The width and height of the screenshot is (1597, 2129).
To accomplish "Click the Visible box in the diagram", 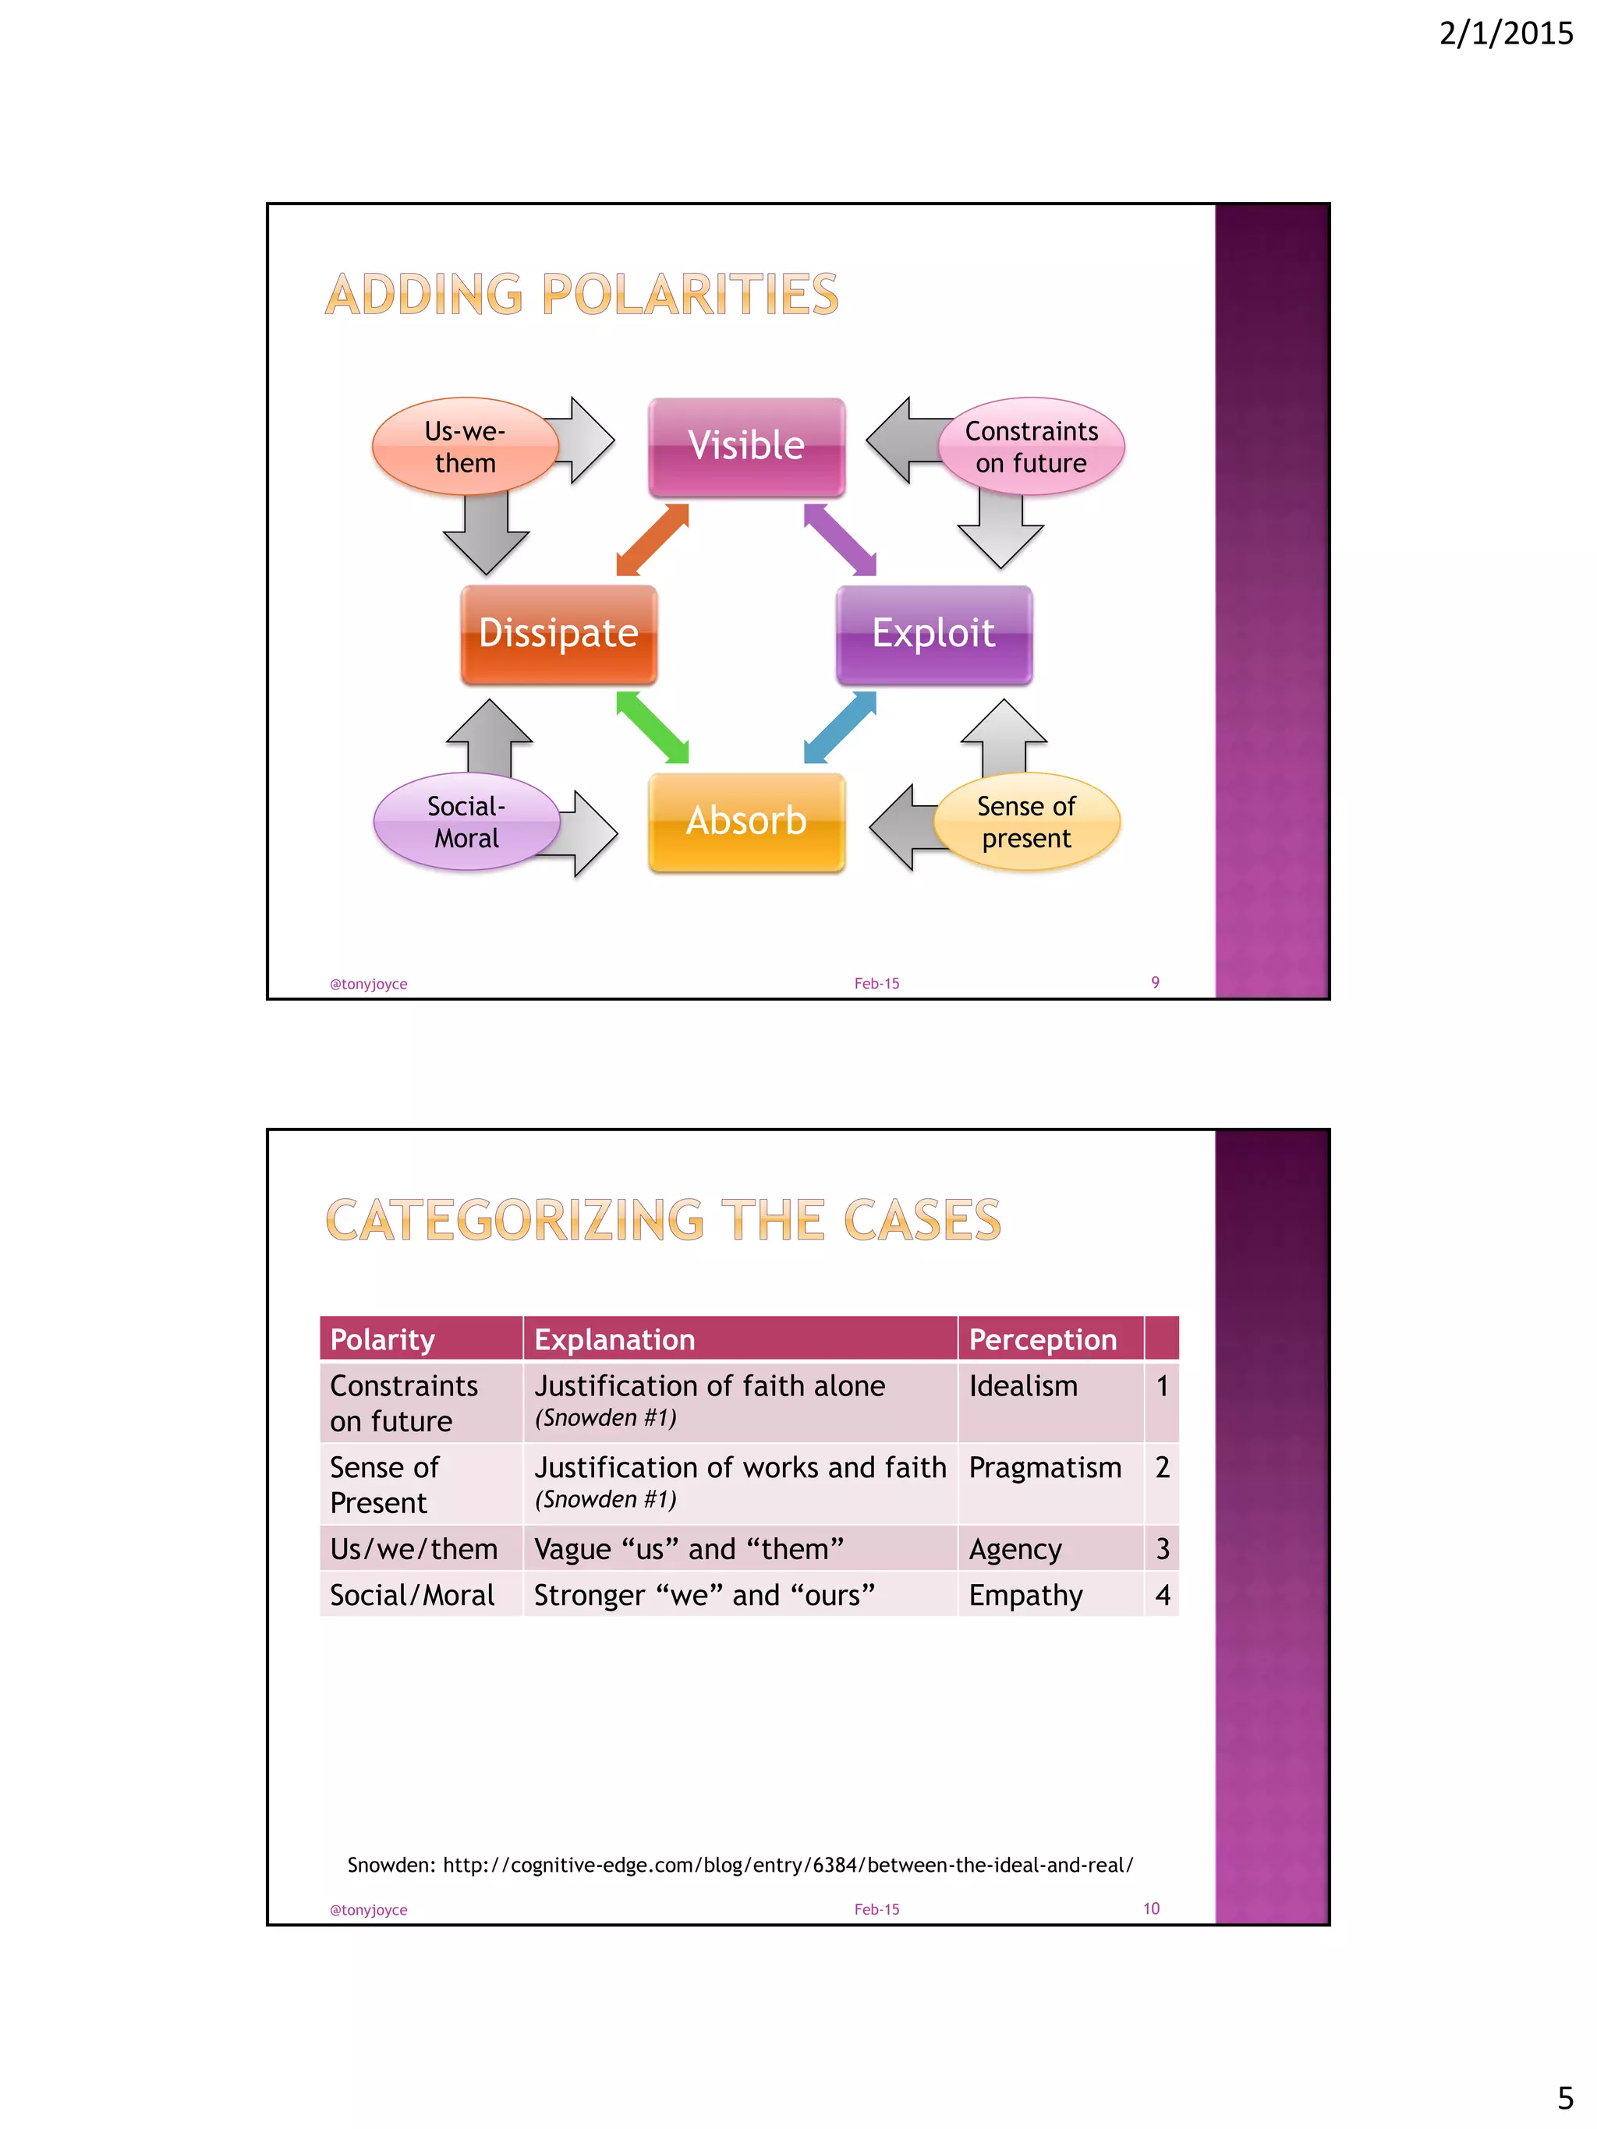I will [x=746, y=447].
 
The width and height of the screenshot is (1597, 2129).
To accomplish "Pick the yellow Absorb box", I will [x=746, y=822].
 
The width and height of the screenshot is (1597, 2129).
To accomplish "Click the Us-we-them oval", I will [x=465, y=447].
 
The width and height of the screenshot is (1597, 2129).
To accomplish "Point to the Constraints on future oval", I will [x=1031, y=447].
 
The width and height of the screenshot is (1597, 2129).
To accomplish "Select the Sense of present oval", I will [x=1026, y=822].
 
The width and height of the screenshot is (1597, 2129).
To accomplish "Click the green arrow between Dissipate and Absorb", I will [x=652, y=727].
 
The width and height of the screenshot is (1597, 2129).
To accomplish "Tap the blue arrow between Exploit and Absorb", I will [x=839, y=727].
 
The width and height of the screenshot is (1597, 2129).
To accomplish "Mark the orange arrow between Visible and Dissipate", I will [x=653, y=540].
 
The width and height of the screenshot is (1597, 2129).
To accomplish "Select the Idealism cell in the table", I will [x=1023, y=1386].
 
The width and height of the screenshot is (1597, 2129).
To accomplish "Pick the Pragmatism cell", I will [x=1044, y=1468].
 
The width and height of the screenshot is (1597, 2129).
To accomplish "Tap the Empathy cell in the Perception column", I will [x=1025, y=1595].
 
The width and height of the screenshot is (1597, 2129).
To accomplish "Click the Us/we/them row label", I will [x=414, y=1549].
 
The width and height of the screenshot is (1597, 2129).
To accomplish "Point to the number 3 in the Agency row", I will [x=1162, y=1549].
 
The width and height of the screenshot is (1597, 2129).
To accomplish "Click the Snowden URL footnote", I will [x=739, y=1864].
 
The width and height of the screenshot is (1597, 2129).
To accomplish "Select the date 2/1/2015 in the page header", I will [x=1506, y=34].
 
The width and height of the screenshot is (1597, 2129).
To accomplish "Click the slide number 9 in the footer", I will [x=1154, y=981].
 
